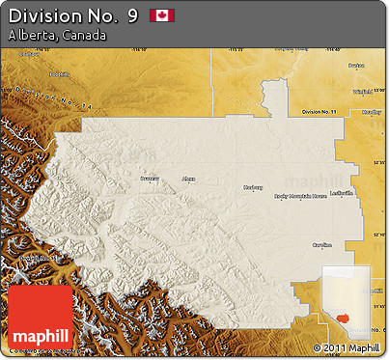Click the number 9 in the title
131,15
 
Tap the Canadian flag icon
162,15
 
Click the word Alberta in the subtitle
31,35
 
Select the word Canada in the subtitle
83,35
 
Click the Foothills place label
60,74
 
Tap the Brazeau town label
148,180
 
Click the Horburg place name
253,186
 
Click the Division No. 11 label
318,113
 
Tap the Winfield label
362,92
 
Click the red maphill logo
39,318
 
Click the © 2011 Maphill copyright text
347,347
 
